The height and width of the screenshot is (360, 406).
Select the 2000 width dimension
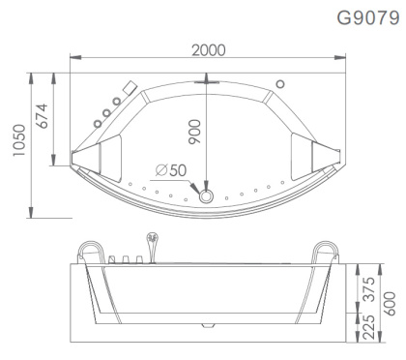coord(209,51)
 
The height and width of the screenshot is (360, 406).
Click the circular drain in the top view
coord(206,196)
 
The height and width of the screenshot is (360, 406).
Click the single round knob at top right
coord(280,83)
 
